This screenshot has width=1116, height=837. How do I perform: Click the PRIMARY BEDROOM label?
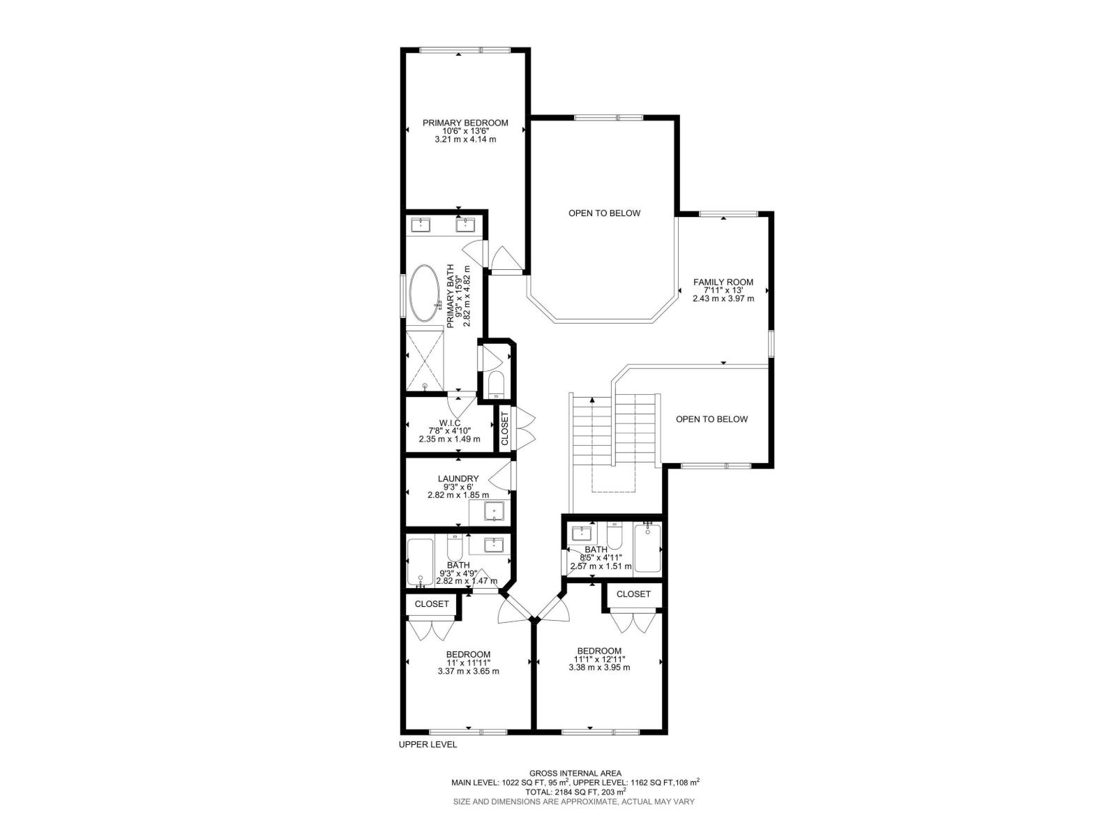click(465, 123)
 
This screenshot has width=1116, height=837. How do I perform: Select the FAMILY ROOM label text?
click(723, 282)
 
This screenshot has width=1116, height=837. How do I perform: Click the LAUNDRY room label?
click(458, 478)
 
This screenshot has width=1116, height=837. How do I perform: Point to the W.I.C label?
click(449, 423)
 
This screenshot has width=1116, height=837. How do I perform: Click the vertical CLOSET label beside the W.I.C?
click(505, 428)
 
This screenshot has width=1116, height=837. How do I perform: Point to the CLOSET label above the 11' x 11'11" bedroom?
click(432, 604)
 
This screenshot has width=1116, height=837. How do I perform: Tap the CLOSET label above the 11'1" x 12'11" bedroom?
click(633, 594)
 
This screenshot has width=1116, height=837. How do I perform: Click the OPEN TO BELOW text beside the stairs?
click(711, 419)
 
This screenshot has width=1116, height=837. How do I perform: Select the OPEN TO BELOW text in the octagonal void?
click(604, 213)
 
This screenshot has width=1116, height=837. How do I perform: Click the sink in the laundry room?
click(495, 512)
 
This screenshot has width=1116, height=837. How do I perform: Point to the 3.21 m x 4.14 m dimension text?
click(465, 139)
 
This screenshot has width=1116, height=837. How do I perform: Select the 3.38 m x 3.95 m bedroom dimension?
click(599, 667)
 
